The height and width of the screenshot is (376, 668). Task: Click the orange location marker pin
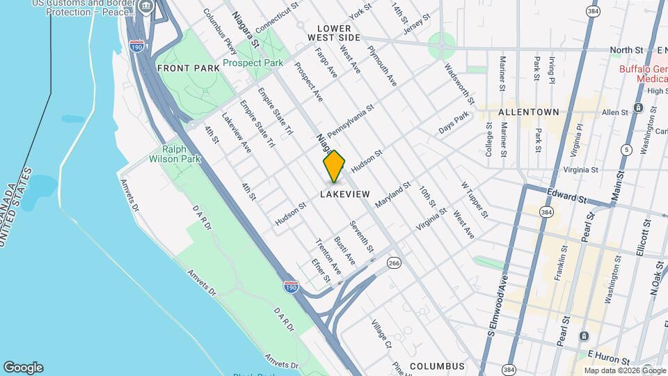pos(335,166)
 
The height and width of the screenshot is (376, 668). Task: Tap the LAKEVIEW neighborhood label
pos(344,194)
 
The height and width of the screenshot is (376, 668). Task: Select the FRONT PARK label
pos(184,68)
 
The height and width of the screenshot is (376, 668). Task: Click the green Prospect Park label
pos(253,63)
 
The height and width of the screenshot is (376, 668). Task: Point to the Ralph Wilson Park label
pos(181,154)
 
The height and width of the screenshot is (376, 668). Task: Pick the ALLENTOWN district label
pos(528,111)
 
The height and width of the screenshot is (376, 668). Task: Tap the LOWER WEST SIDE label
pos(335,32)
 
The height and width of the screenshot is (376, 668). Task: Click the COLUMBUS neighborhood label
pos(437,366)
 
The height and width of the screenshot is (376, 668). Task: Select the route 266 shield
pos(395,263)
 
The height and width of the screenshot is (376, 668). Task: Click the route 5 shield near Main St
pos(627,149)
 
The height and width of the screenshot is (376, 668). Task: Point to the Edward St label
pos(568,198)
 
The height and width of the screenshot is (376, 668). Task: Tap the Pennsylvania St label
pos(351,120)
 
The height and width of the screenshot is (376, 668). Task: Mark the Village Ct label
pos(381,334)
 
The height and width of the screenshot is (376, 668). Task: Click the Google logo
pos(23,368)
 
